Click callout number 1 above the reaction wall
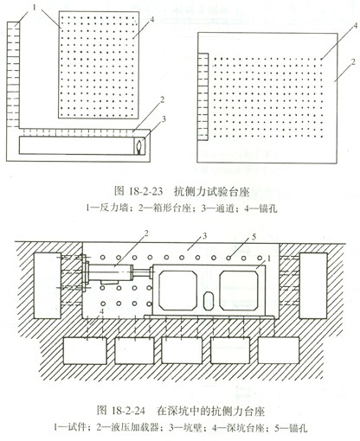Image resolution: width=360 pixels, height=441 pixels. click(x=35, y=8)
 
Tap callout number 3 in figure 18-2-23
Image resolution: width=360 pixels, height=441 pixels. click(x=164, y=119)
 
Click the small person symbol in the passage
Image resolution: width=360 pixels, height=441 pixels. click(x=139, y=146)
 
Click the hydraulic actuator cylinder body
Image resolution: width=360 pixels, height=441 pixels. click(x=110, y=272)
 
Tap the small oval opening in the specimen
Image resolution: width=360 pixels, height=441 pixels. click(x=208, y=302)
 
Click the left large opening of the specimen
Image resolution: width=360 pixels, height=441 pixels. click(x=178, y=290)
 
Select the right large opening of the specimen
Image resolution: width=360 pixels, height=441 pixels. click(x=239, y=290)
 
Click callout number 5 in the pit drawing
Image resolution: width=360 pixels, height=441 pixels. click(x=254, y=237)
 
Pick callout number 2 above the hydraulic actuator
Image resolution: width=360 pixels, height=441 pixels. click(x=146, y=233)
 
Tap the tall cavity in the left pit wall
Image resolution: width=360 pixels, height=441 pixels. click(x=48, y=285)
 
